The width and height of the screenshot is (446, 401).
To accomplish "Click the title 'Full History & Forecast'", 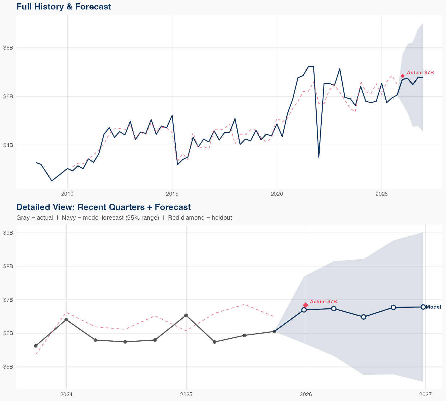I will (64, 7).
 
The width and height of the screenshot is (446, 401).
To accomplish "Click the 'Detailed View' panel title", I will (103, 207).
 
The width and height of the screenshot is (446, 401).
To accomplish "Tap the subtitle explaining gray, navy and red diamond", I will (124, 218).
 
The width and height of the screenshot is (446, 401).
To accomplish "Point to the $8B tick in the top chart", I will (8, 48).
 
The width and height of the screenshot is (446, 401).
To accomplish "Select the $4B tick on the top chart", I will (8, 145).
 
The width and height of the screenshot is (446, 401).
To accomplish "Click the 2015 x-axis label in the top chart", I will (172, 194).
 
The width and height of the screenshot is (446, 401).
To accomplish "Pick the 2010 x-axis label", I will (67, 194).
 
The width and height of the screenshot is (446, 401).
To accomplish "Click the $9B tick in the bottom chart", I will (8, 233).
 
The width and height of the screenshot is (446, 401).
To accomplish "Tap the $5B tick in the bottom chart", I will (8, 367).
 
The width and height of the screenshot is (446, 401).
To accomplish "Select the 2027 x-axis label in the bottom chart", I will (425, 394).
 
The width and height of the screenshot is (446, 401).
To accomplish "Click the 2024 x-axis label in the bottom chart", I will (66, 394).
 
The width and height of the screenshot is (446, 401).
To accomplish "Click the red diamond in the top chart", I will (403, 76).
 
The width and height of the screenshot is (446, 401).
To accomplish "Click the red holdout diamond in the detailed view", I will (306, 305).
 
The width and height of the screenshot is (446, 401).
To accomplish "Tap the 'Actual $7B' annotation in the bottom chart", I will (323, 301).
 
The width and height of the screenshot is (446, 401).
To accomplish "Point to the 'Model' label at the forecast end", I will (434, 307).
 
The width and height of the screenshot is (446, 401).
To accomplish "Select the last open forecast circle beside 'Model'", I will (423, 307).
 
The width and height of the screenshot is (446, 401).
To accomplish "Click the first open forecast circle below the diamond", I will (304, 310).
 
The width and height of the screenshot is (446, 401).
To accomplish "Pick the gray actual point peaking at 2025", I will (186, 315).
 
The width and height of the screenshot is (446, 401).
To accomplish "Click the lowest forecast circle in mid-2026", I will (363, 317).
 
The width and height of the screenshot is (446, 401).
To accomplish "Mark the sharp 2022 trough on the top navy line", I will (319, 157).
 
